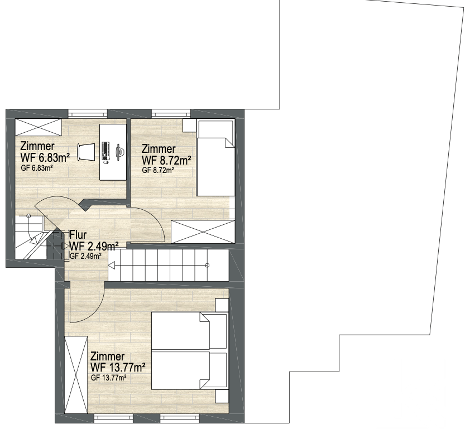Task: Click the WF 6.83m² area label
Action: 45,157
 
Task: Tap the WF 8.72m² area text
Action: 166,160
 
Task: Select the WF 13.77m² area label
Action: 118,368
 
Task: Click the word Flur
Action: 78,235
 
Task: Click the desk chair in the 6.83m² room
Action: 87,152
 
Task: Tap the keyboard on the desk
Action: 106,151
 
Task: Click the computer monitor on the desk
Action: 120,152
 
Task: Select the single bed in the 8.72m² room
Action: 215,158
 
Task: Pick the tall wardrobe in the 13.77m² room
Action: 76,375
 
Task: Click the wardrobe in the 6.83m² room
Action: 39,127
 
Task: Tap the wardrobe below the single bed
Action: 203,232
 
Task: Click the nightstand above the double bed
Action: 222,305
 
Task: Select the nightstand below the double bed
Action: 222,396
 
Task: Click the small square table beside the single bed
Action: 189,126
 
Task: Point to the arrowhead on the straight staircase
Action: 112,266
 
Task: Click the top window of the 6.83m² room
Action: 88,113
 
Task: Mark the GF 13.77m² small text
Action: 109,378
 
